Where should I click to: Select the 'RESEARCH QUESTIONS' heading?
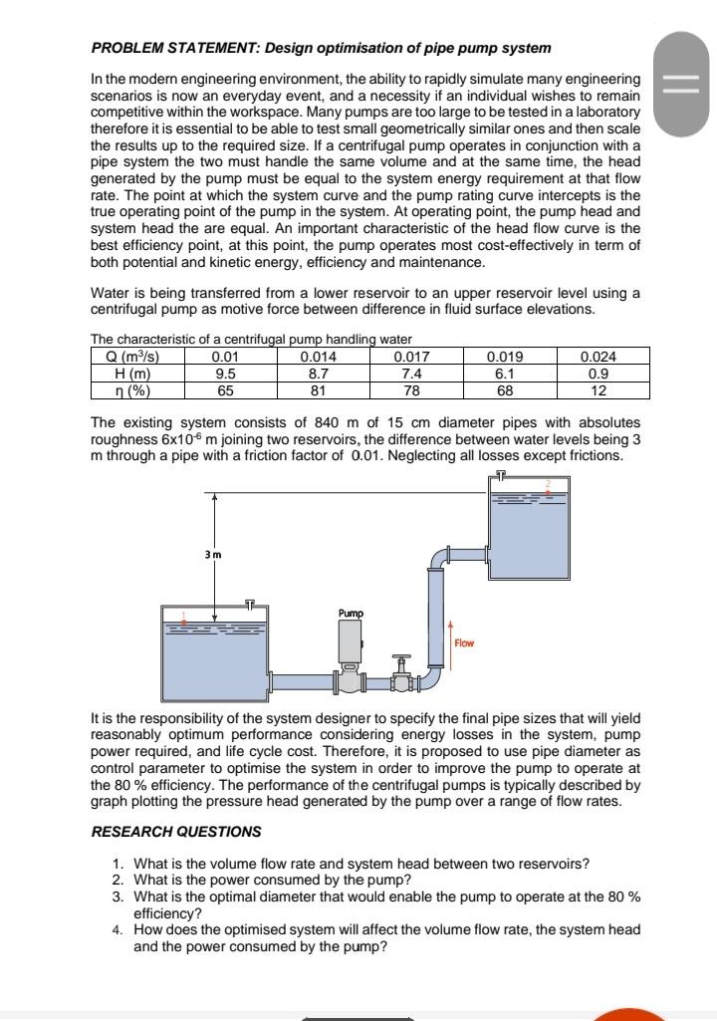(x=176, y=831)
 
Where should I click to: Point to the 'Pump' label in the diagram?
(x=350, y=613)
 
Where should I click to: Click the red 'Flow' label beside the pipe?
(x=465, y=643)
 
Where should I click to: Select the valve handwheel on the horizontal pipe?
(x=401, y=659)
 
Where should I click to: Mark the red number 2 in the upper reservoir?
(x=547, y=484)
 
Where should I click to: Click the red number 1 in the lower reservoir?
(x=182, y=615)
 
